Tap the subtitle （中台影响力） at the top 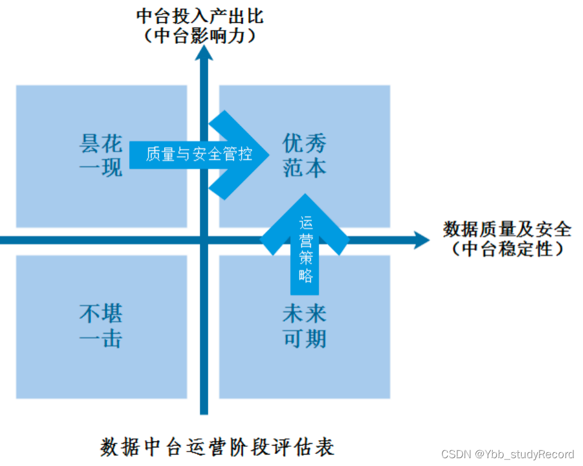(x=200, y=35)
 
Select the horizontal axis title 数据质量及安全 (x=507, y=229)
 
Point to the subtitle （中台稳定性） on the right (x=507, y=248)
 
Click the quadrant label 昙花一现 (x=101, y=156)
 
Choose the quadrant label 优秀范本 (x=304, y=156)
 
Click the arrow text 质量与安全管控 (x=199, y=154)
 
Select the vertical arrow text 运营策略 (x=305, y=249)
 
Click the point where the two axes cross (x=204, y=240)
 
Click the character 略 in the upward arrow (x=305, y=276)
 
